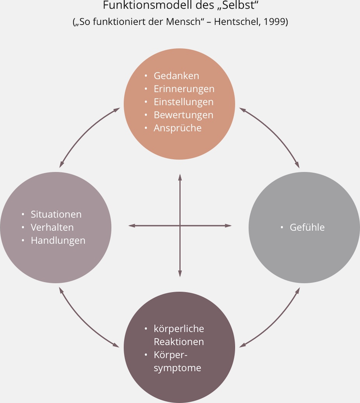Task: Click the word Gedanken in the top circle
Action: tap(176, 76)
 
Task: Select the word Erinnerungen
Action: tap(184, 89)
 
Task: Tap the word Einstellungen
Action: tap(184, 102)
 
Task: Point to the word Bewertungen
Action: tap(184, 115)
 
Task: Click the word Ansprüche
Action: tap(178, 128)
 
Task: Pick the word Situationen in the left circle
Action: tap(56, 214)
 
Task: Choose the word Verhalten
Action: tap(52, 227)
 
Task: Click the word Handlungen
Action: tap(58, 240)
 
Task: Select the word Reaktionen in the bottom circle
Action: tap(179, 342)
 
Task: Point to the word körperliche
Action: tap(179, 329)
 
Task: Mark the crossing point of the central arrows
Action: tap(180, 225)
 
